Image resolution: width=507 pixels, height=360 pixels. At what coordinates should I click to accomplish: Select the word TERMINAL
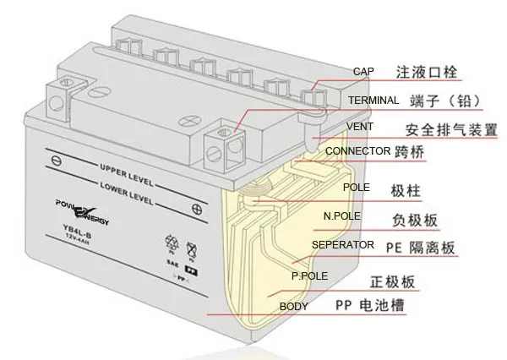[373, 101]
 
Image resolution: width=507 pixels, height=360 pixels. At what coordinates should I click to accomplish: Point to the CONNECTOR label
[357, 152]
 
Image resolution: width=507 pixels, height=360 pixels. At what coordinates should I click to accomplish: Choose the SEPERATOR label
[343, 245]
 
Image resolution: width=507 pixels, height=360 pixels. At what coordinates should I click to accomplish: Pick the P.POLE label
[309, 275]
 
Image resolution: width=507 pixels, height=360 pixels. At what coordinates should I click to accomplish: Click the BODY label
[294, 306]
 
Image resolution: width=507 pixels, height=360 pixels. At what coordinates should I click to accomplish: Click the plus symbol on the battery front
[196, 208]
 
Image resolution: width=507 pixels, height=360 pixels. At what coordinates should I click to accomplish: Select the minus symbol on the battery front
[56, 157]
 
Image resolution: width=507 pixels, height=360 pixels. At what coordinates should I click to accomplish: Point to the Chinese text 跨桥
[412, 153]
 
